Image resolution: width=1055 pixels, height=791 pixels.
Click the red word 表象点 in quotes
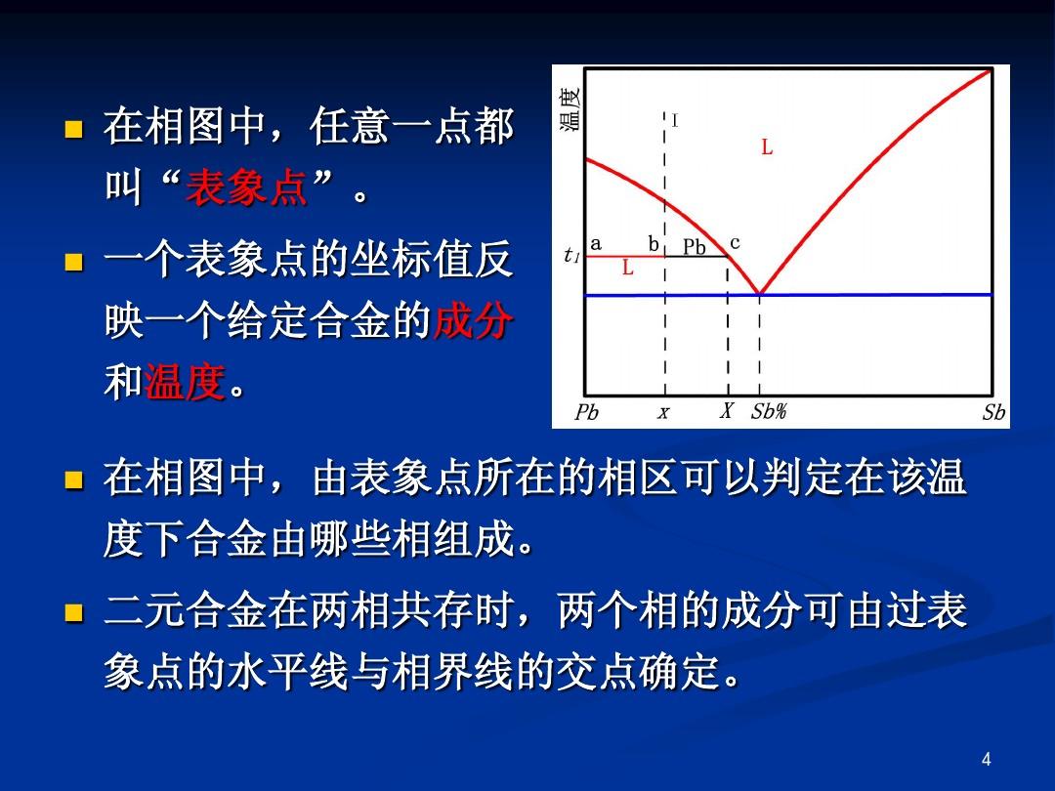[x=247, y=187]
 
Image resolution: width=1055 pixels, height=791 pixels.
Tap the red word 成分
[x=473, y=320]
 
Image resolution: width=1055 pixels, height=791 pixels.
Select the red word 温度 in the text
[x=184, y=382]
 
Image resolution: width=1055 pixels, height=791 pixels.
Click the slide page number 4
[x=987, y=760]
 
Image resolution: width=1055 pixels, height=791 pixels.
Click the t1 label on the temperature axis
[x=571, y=255]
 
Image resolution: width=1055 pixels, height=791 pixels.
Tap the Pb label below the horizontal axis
[x=586, y=412]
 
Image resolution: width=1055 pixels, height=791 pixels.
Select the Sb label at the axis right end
[x=993, y=412]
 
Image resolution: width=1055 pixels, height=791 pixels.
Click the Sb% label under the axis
[x=769, y=411]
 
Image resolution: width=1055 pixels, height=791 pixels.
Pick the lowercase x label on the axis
[x=663, y=412]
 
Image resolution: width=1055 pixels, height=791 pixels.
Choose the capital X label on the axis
[x=726, y=410]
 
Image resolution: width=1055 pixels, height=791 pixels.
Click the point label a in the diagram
[x=596, y=243]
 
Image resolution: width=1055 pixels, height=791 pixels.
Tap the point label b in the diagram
[x=654, y=243]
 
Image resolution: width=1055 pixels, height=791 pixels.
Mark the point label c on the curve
[x=735, y=243]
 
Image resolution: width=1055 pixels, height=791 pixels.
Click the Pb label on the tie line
[x=695, y=247]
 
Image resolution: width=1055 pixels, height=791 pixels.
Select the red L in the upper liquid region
[x=767, y=146]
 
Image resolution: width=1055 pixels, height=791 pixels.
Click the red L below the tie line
[x=628, y=268]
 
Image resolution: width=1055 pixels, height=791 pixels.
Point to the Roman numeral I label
[x=675, y=121]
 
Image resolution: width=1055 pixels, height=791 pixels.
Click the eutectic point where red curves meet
[x=760, y=294]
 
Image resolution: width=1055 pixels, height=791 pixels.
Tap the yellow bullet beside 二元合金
[x=74, y=612]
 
